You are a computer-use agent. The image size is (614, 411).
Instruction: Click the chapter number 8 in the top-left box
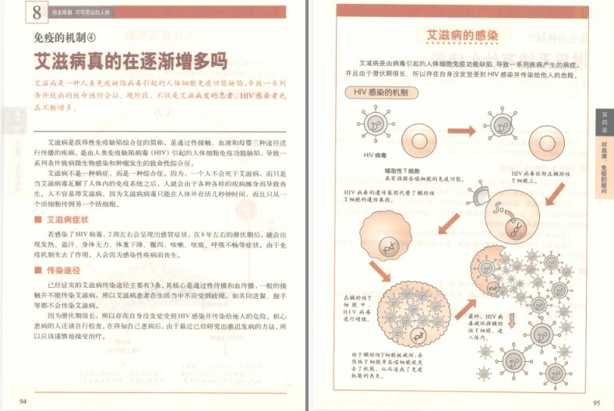(x=15, y=13)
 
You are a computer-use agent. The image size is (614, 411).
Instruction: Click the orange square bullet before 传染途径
(x=37, y=270)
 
